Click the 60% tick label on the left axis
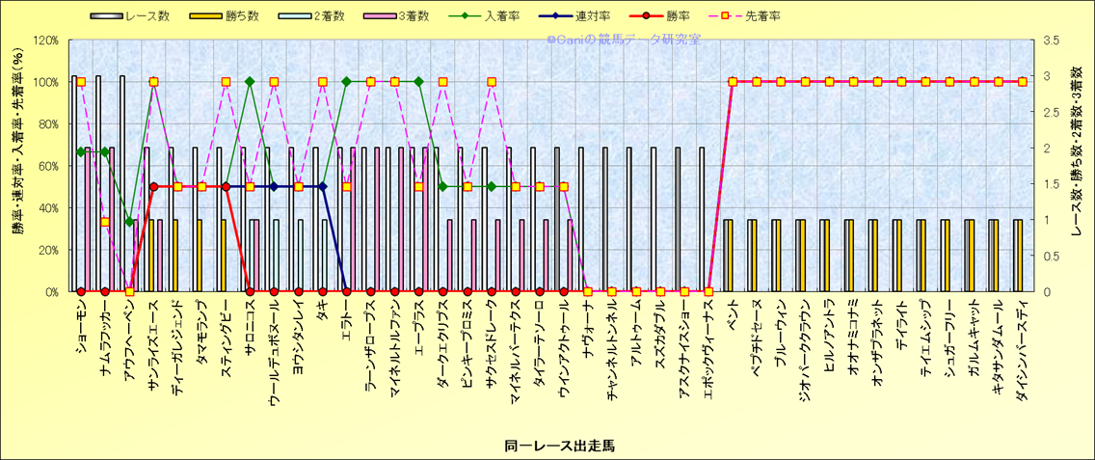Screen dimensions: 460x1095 click(48, 166)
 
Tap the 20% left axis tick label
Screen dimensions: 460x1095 click(48, 250)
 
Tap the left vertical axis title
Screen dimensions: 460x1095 click(16, 166)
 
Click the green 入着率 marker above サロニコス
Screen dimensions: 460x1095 click(250, 82)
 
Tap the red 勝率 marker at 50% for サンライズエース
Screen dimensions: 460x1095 click(153, 186)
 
